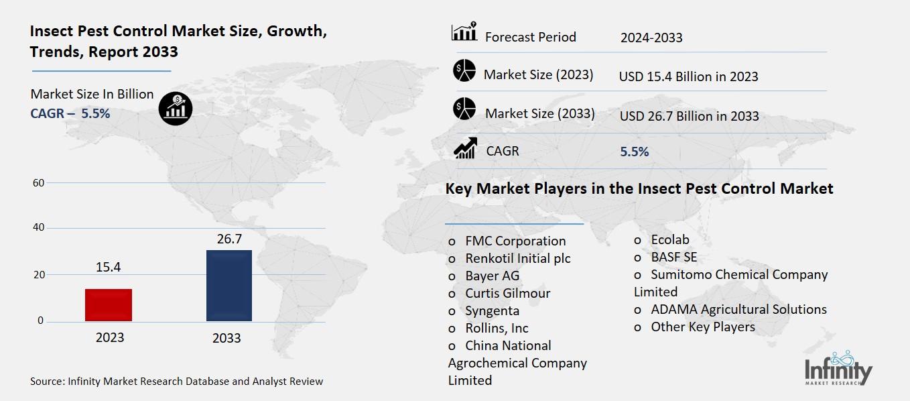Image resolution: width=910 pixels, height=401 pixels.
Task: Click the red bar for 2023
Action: tap(109, 304)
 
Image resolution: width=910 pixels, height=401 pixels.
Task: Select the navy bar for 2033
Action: tap(229, 286)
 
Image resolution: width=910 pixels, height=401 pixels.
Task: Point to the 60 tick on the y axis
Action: tap(39, 182)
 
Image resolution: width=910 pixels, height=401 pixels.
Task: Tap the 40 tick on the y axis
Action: tap(39, 228)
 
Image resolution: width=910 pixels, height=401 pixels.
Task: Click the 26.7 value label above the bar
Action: tap(229, 239)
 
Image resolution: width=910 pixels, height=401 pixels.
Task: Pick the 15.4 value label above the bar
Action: tap(109, 268)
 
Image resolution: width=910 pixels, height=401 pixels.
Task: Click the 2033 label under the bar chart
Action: tap(226, 338)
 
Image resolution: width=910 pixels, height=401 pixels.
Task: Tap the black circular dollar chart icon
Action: tap(176, 107)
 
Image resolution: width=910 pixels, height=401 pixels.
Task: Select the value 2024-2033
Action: tap(651, 38)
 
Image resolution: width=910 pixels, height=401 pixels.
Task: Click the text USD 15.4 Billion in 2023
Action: tap(688, 76)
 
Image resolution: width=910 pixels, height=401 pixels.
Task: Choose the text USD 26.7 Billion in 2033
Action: tap(689, 116)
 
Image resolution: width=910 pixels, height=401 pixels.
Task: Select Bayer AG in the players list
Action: tap(492, 276)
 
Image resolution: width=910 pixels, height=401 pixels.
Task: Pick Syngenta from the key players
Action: tap(492, 310)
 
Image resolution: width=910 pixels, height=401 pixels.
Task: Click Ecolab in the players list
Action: tap(669, 239)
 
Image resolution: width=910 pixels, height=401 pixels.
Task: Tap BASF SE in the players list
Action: tap(673, 257)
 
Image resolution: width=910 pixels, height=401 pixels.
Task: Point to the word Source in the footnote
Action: tap(47, 382)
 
